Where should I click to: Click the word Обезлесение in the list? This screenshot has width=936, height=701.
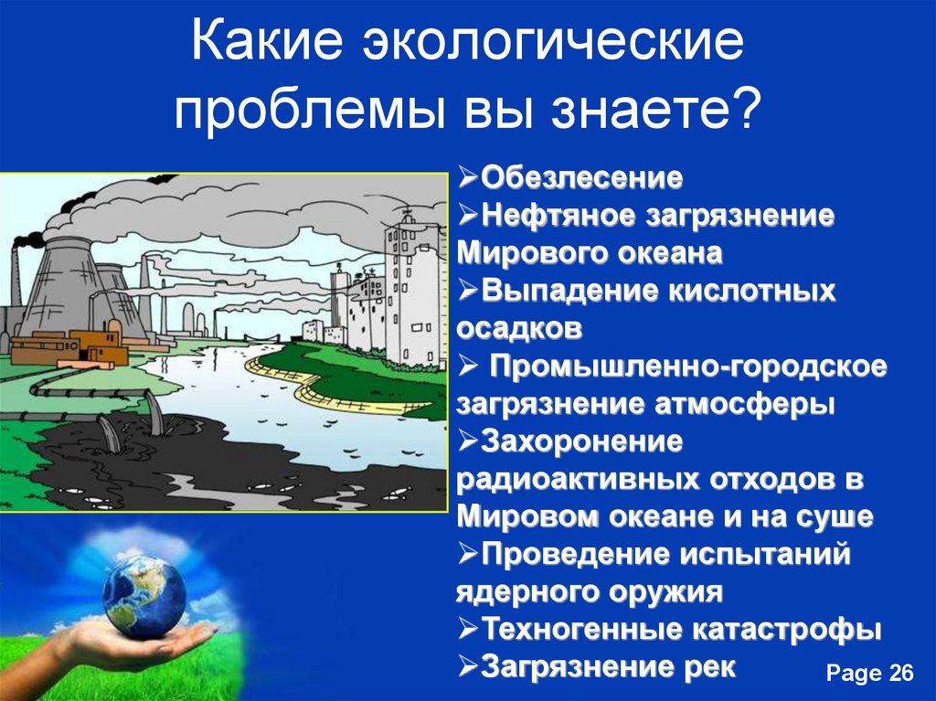(581, 178)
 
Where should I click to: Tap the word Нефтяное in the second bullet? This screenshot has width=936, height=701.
(558, 216)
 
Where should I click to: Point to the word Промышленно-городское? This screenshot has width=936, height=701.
(688, 366)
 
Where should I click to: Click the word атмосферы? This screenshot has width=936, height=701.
(744, 404)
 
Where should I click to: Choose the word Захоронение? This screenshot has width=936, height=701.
(581, 441)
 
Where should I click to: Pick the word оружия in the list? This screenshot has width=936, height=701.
(665, 592)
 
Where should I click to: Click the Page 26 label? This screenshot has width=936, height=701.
(870, 673)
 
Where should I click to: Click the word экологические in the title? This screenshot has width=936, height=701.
(553, 43)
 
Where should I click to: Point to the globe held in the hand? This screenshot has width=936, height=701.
(144, 597)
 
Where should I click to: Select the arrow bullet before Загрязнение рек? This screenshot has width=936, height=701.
(468, 665)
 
